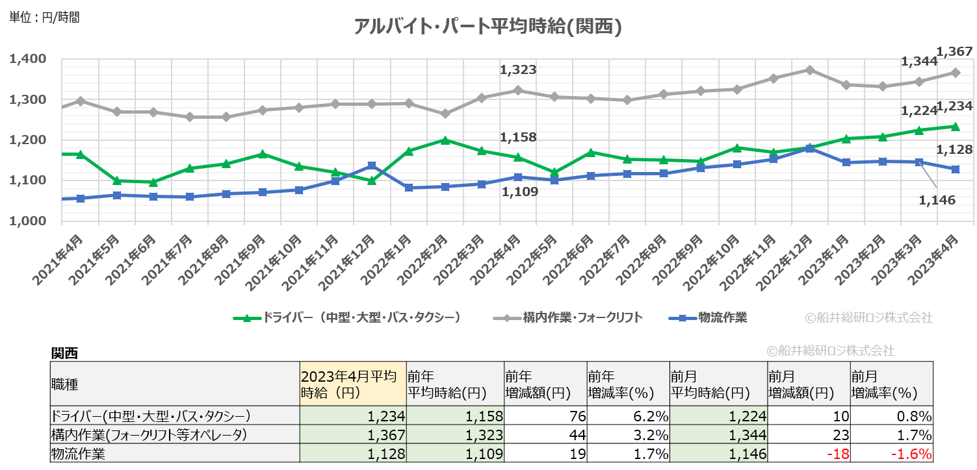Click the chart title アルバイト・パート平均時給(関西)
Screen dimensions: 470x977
488,27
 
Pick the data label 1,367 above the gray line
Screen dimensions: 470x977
954,51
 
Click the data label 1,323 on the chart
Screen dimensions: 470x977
518,69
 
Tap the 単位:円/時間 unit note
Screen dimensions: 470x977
44,18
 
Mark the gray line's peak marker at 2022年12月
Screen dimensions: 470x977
809,69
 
